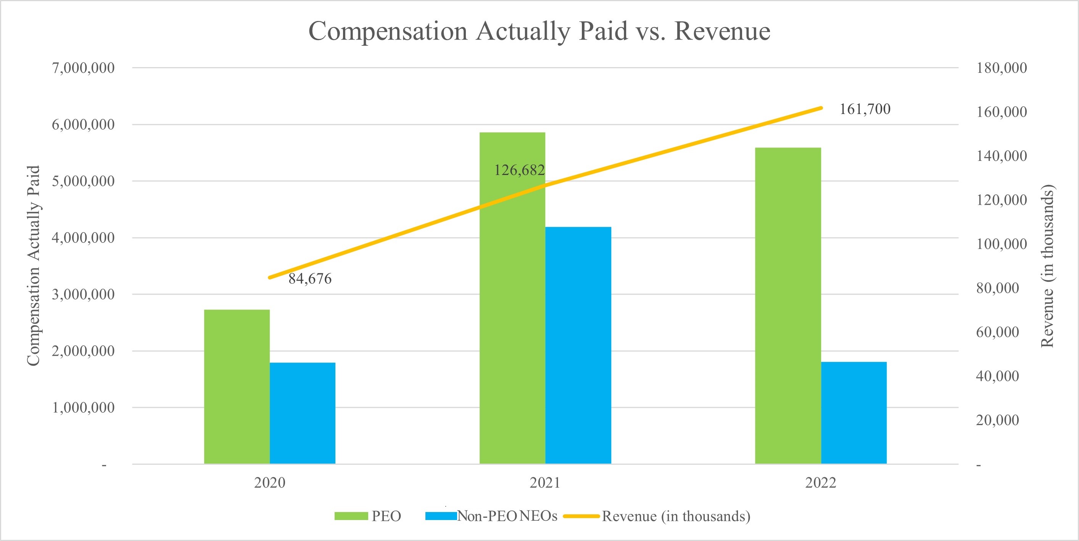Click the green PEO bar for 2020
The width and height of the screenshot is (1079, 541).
point(237,387)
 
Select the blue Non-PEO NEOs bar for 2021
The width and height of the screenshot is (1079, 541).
point(578,345)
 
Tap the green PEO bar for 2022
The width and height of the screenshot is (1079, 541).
point(788,305)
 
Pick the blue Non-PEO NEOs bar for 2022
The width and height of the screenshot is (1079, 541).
point(854,413)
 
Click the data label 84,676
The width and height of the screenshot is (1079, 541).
point(310,279)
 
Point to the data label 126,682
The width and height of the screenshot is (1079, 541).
point(519,170)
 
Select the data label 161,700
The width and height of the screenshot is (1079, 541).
point(865,109)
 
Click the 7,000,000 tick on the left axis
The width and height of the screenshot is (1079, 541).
point(83,68)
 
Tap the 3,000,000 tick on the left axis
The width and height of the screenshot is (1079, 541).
point(83,295)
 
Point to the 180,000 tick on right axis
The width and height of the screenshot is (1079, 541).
point(1002,68)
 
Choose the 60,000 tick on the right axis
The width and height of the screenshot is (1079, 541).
point(997,332)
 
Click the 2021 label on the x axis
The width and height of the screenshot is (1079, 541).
point(545,483)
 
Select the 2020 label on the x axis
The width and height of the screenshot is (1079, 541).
point(270,483)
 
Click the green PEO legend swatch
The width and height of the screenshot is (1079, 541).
point(351,516)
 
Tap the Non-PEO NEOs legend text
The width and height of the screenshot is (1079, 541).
point(507,516)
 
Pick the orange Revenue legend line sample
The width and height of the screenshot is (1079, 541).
point(581,516)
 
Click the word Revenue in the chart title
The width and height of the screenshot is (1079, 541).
point(722,31)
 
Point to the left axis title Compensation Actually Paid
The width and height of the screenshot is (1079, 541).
point(33,266)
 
